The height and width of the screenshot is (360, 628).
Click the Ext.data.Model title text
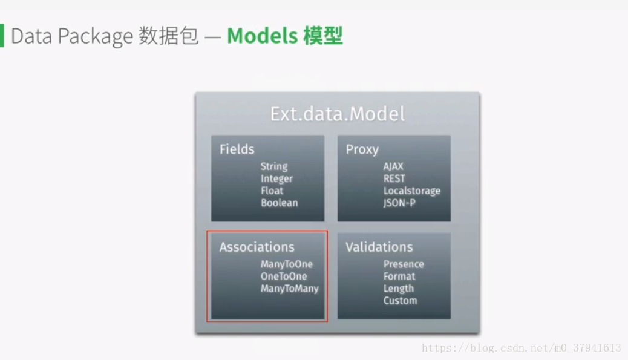[338, 114]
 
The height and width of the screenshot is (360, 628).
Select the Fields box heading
[237, 149]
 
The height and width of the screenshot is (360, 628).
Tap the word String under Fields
[274, 166]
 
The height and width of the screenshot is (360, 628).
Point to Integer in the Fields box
[276, 178]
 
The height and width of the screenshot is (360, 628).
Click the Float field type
[272, 191]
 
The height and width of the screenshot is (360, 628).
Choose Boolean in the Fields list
[279, 203]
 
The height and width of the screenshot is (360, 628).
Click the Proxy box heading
[362, 150]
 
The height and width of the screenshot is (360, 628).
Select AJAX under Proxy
[393, 166]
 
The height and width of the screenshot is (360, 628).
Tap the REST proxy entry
[394, 178]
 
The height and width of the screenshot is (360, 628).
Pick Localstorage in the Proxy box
[412, 191]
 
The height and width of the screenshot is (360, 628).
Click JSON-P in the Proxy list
[399, 203]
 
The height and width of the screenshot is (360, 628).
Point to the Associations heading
[257, 247]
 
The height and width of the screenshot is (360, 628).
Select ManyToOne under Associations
[287, 264]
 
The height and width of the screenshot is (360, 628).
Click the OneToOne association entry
[284, 277]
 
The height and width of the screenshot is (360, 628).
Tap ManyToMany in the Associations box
[290, 289]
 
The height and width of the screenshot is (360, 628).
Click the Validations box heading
[379, 247]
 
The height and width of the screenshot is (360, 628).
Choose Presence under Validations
[404, 264]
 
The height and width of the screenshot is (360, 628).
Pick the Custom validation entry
[400, 300]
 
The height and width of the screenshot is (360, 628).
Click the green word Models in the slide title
[263, 36]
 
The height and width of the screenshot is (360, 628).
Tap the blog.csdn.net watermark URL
[521, 347]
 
